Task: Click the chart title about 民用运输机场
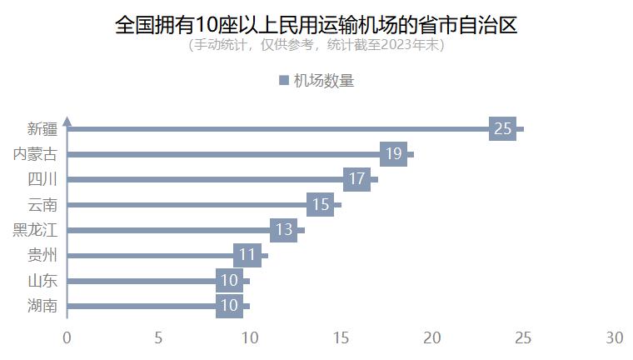point(316,25)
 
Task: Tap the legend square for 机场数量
point(282,81)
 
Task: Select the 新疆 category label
point(42,129)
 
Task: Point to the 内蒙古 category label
point(36,154)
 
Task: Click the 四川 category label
point(42,179)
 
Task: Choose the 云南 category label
point(42,205)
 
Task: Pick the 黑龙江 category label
point(36,230)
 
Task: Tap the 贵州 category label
point(42,255)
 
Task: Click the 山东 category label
point(42,281)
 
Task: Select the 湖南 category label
point(42,306)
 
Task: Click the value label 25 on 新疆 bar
point(502,129)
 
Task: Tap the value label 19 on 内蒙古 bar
point(393,154)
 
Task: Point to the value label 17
point(356,179)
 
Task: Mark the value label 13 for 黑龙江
point(283,230)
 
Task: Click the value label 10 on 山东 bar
point(229,281)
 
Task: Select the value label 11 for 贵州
point(247,255)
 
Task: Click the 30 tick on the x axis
point(614,337)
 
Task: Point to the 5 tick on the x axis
point(158,337)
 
